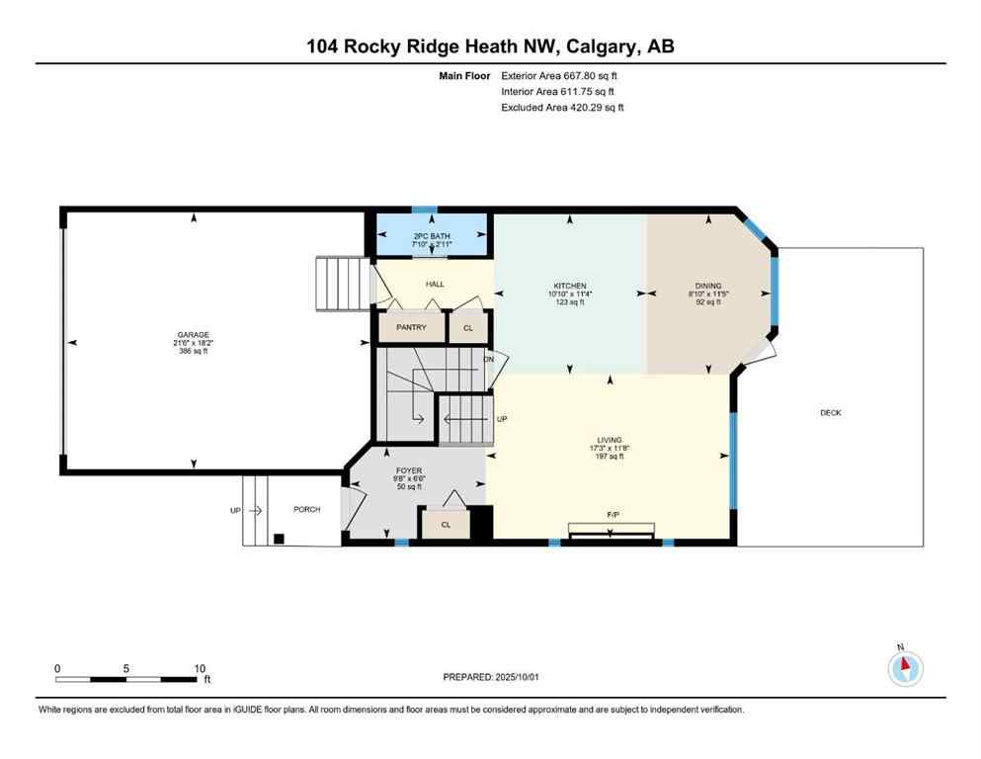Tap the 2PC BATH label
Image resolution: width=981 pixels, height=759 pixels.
[x=432, y=235]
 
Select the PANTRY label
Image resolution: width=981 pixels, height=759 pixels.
[x=411, y=327]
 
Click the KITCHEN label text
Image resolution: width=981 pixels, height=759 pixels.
[x=570, y=286]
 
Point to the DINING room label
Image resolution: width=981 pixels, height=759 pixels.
[x=708, y=286]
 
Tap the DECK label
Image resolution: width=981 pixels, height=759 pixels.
[x=831, y=412]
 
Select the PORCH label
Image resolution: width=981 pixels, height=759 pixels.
[x=307, y=510]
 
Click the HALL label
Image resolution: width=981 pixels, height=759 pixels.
[x=435, y=284]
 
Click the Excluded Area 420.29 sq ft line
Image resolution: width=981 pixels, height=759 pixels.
[x=562, y=107]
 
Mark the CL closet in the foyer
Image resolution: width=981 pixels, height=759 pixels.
[x=446, y=525]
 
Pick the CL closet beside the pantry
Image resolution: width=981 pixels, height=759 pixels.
[x=468, y=327]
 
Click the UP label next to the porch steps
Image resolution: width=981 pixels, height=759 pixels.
[x=235, y=511]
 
